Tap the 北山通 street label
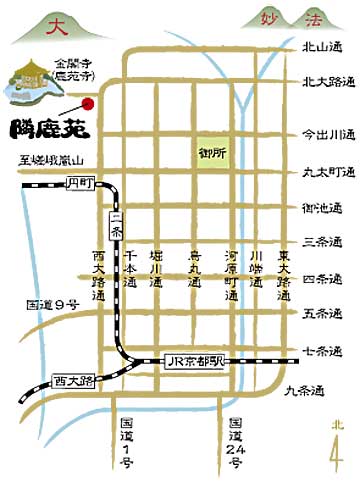[x=322, y=46]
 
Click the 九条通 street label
[x=305, y=390]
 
